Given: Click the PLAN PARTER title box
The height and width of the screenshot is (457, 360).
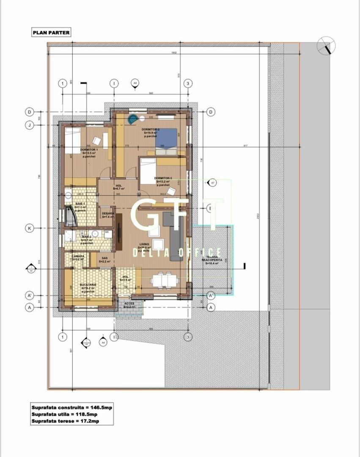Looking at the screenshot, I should [x=51, y=32].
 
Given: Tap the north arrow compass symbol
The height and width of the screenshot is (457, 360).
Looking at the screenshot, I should [x=327, y=45].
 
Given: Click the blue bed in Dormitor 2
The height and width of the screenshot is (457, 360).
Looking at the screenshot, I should [x=168, y=140].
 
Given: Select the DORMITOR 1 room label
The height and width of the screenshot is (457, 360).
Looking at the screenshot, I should [x=89, y=150].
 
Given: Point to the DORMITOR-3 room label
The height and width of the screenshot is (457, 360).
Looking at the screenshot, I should [x=163, y=178].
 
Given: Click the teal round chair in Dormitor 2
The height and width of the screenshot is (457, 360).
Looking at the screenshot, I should [x=134, y=118].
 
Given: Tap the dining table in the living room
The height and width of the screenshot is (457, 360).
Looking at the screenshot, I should [x=163, y=280].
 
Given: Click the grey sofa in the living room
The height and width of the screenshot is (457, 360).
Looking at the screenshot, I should [x=177, y=239].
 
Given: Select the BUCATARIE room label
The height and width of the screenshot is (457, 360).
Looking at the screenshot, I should [x=88, y=285].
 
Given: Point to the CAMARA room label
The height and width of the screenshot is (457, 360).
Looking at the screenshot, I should [x=78, y=256].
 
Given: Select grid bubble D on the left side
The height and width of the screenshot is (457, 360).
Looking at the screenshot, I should [x=30, y=112].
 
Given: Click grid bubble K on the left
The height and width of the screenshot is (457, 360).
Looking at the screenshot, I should [x=30, y=228].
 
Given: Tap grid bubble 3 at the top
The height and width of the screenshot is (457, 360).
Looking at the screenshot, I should [x=188, y=83].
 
